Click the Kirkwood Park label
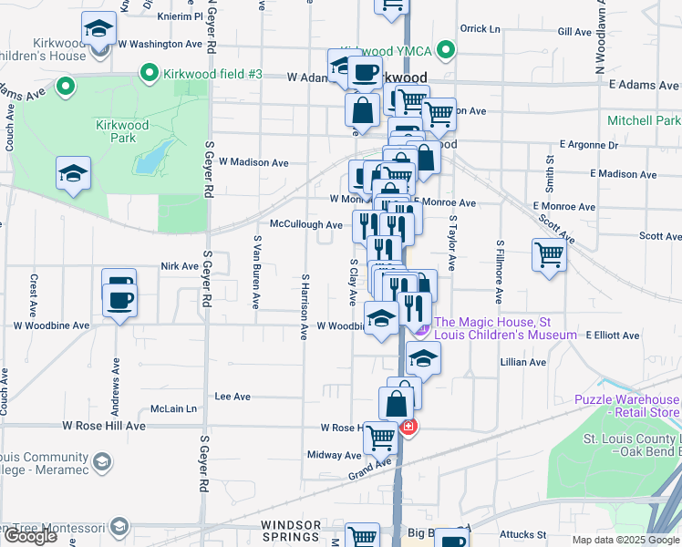pos(116,131)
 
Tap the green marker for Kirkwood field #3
pos(149,73)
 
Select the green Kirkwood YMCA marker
pos(445,49)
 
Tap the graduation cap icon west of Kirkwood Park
pos(73,172)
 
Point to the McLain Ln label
pos(174,408)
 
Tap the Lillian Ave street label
pos(522,362)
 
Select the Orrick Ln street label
pos(480,28)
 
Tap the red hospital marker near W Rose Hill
pos(408,427)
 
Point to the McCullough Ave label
pos(305,223)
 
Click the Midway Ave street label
pos(335,455)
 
